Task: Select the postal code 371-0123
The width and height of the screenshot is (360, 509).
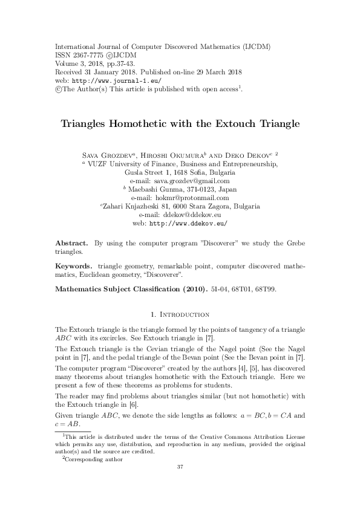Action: [x=196, y=189]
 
